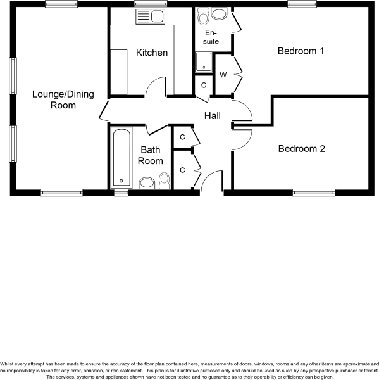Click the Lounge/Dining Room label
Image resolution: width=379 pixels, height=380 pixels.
coord(63,100)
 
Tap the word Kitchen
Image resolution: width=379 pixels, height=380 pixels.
coord(152,53)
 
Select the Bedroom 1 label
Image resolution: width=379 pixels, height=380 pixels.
coord(301,51)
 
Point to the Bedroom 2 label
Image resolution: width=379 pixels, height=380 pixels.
coord(301,149)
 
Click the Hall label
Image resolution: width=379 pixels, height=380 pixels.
coord(212,116)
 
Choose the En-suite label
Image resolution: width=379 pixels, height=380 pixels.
coord(210,37)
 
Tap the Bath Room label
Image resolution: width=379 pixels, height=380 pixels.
coord(151,155)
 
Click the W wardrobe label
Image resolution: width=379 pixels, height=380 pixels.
coord(223,75)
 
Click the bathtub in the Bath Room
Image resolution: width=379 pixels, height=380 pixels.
coord(120,156)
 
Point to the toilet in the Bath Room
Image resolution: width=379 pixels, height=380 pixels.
coord(165,181)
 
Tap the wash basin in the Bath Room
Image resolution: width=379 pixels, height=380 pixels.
coord(146,184)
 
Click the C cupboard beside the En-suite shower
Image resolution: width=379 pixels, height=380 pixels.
coord(203,85)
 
